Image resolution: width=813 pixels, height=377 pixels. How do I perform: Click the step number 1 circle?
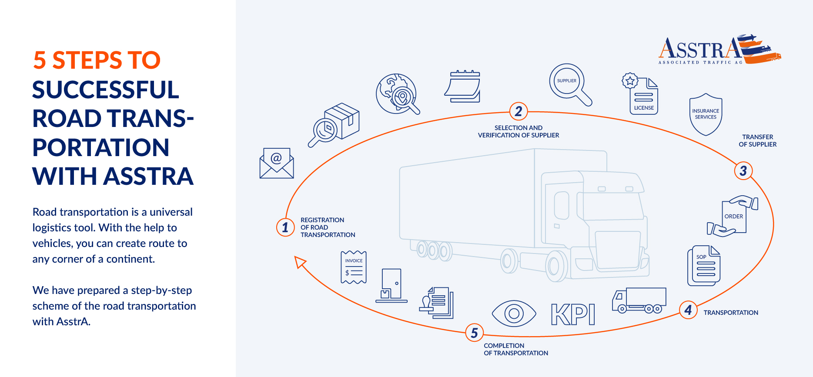285,227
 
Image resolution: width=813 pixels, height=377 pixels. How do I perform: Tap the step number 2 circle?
519,111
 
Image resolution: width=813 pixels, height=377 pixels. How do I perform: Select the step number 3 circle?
743,170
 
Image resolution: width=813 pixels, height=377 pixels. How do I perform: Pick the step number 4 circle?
688,310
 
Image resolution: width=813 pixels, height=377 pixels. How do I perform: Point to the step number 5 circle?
474,333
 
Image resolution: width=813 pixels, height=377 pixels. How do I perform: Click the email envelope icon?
277,163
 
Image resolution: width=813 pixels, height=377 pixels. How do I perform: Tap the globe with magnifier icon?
397,94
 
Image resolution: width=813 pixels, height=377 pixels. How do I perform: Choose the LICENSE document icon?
641,95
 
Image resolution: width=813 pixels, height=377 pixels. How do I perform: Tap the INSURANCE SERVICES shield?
706,114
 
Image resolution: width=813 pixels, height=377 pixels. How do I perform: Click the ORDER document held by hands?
733,216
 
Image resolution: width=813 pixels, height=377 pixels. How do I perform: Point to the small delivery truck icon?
639,300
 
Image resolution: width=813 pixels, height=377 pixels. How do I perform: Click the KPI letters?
573,314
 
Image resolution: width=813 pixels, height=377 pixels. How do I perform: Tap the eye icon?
514,314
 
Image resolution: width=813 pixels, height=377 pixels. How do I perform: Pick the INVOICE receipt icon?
354,267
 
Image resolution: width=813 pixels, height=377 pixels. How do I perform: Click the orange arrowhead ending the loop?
300,262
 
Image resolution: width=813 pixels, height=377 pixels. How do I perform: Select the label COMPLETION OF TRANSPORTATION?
516,349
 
